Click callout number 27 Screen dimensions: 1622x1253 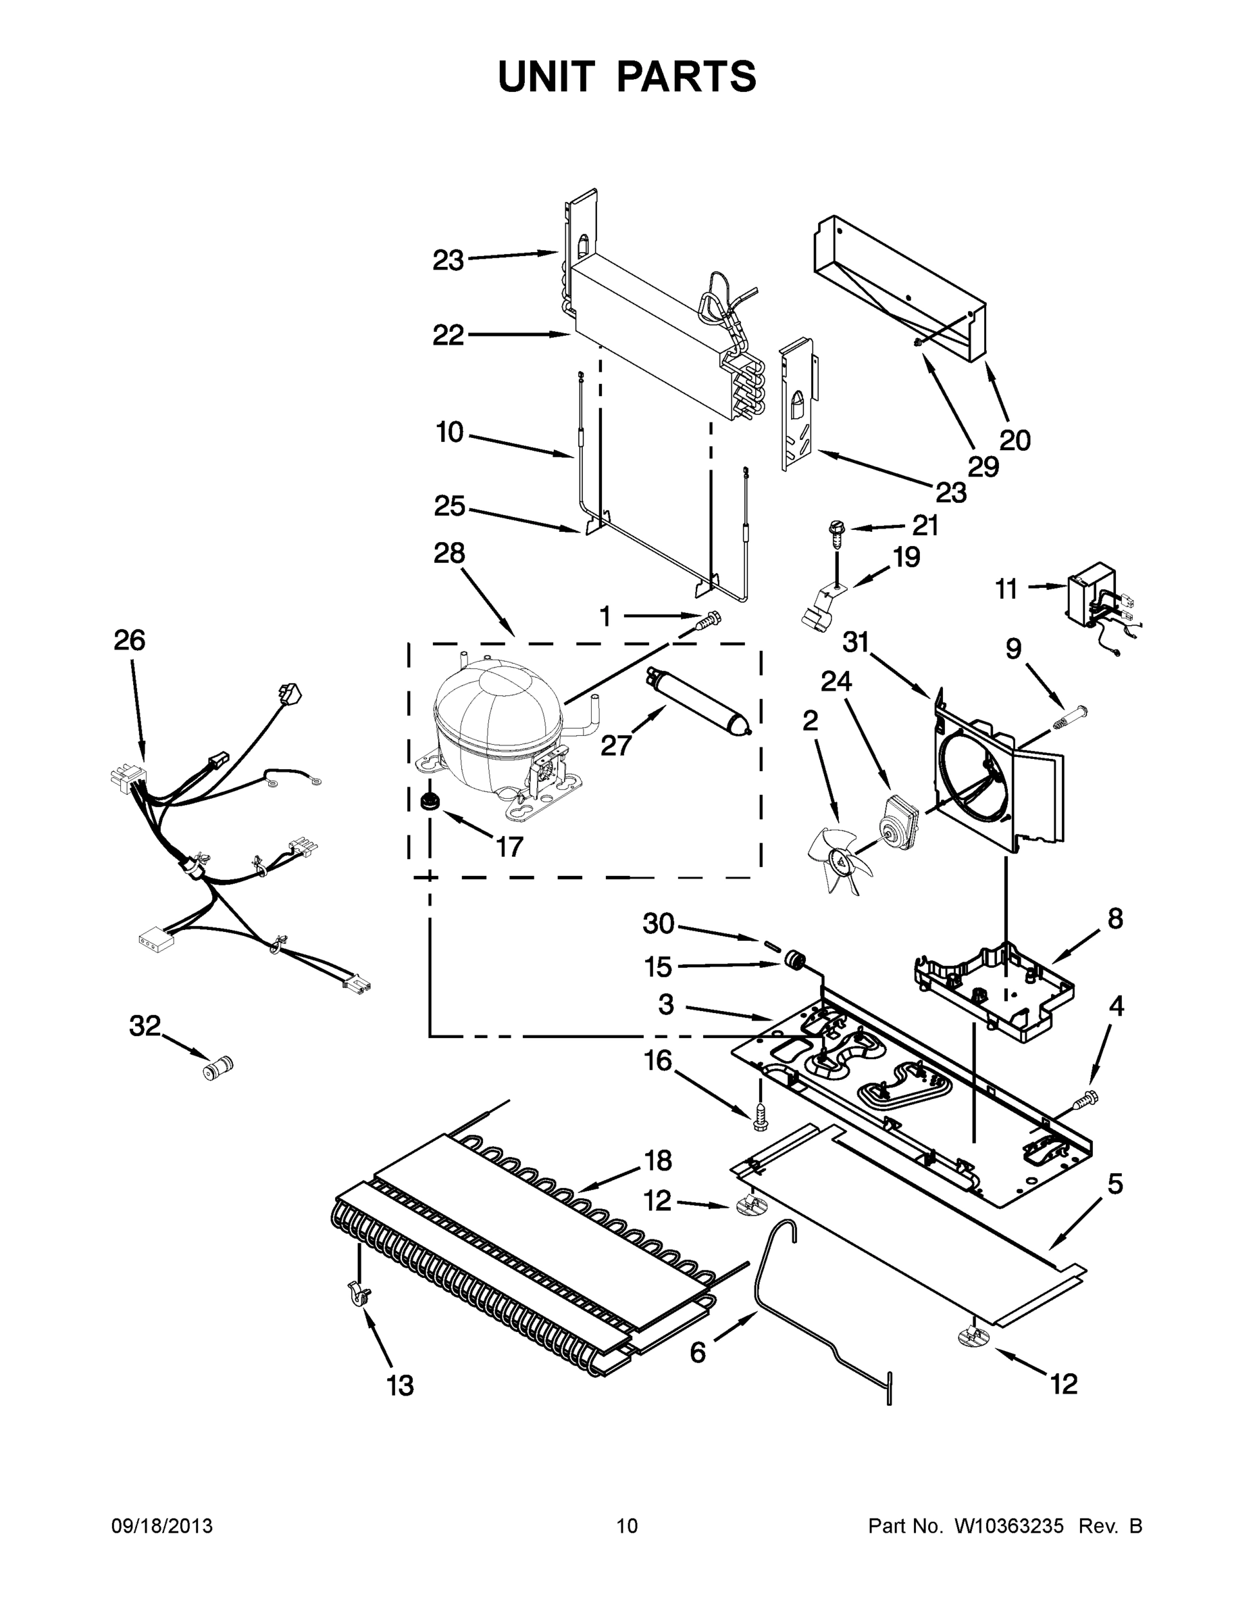coord(615,745)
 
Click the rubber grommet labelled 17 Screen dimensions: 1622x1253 coord(428,802)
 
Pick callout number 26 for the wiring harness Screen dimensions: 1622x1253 coord(129,640)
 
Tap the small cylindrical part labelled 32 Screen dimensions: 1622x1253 coord(218,1068)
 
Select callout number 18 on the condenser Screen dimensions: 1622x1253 coord(658,1160)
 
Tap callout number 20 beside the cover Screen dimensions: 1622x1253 coord(1015,441)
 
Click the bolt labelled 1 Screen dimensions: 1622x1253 coord(711,618)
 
